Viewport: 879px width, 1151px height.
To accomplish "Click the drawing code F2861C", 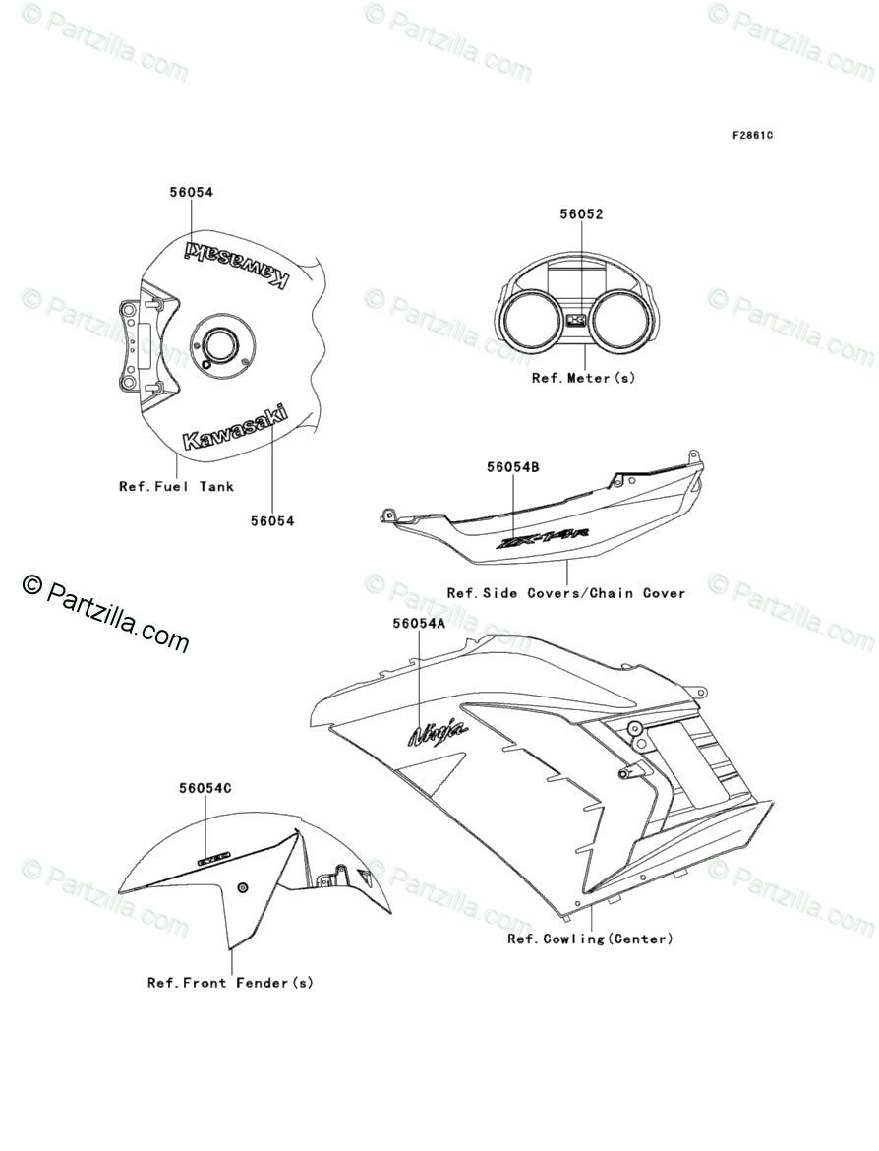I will (x=751, y=135).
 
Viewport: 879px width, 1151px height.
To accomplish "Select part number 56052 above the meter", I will (x=581, y=213).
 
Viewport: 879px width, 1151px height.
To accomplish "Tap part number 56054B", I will (x=512, y=468).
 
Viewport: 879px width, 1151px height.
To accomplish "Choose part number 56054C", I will (x=205, y=788).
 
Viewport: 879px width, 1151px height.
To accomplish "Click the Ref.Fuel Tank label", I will (x=177, y=486).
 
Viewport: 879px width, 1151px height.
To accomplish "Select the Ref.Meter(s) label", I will (x=583, y=378).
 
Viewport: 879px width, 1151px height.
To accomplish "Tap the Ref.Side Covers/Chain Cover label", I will (x=565, y=593).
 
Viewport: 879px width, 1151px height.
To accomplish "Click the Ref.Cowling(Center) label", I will (x=590, y=939).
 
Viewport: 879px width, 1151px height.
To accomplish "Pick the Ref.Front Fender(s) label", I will (x=230, y=982).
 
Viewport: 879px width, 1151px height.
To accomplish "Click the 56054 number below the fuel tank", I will (x=272, y=521).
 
